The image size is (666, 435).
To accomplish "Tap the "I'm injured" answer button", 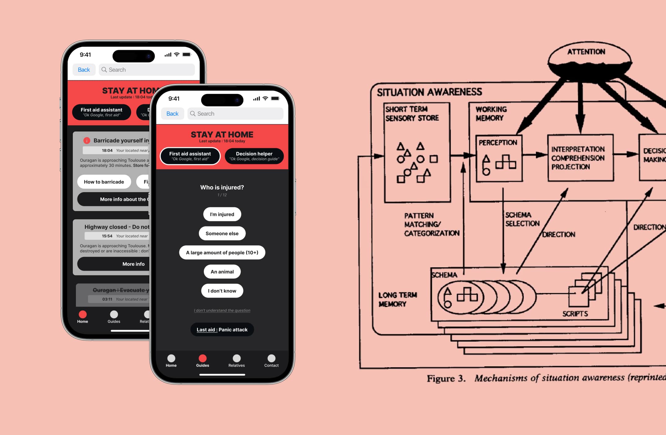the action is click(222, 214).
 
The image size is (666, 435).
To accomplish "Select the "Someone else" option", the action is click(222, 234).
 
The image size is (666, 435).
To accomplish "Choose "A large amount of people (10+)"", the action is click(222, 253).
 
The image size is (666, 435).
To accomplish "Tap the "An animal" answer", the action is click(222, 272).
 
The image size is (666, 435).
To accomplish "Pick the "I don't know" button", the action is click(222, 291).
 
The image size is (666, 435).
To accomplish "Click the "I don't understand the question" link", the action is click(222, 310).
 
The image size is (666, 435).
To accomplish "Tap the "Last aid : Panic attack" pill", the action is click(222, 330).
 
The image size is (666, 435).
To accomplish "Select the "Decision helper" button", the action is click(254, 156).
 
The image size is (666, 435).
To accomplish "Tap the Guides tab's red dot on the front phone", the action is click(203, 358).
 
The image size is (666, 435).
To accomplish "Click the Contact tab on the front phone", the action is click(271, 361).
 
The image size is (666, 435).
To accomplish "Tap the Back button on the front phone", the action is click(173, 114).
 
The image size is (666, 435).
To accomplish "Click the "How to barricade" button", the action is click(104, 182).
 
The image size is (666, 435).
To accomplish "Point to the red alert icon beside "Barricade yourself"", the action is click(87, 140).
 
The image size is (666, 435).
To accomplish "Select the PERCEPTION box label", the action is click(498, 143).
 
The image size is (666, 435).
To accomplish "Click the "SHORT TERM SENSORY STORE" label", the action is click(412, 114).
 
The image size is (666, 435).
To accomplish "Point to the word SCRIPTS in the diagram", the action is click(575, 314).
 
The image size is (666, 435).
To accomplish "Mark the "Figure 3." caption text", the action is click(446, 378).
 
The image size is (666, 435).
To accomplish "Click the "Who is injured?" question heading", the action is click(222, 187).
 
